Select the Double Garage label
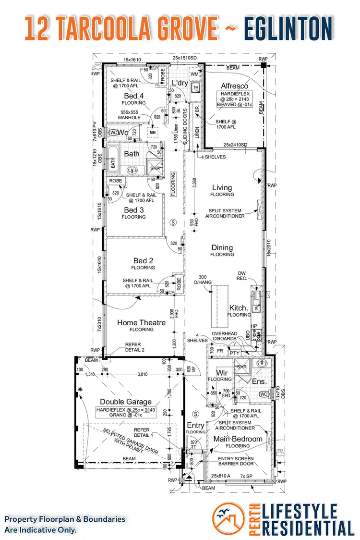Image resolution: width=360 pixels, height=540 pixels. (x=125, y=402)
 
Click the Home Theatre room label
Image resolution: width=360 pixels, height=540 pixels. (x=141, y=323)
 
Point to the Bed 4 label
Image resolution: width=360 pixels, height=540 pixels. (x=133, y=96)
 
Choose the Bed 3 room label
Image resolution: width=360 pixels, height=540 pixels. (x=133, y=210)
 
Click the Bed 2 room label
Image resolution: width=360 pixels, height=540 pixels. (x=143, y=261)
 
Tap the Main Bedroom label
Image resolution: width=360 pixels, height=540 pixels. (x=238, y=439)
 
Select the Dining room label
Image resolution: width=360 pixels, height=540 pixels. (x=222, y=248)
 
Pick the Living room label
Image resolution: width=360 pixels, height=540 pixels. (x=222, y=188)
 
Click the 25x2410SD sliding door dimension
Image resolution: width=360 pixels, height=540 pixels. (x=235, y=145)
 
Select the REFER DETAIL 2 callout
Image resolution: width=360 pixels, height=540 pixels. (x=135, y=347)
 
